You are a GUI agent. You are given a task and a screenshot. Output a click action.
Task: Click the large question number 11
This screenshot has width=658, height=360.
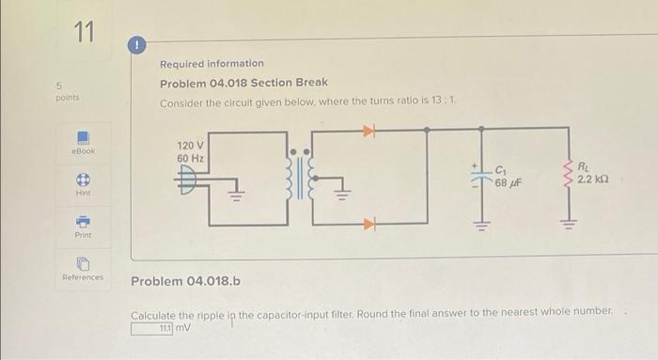tap(86, 34)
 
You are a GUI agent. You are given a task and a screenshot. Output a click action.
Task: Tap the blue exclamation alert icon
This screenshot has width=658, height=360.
tap(135, 44)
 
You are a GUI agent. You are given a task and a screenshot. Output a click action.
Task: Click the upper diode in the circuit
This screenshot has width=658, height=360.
tap(369, 133)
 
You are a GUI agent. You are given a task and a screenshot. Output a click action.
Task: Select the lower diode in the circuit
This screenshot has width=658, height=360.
tap(369, 224)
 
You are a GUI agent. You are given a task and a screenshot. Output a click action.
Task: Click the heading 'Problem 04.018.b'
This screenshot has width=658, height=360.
tap(186, 281)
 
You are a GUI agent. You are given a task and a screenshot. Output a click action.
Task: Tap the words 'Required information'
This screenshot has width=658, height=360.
tap(211, 63)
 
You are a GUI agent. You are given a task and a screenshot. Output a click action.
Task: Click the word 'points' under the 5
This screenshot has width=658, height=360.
tap(66, 96)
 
